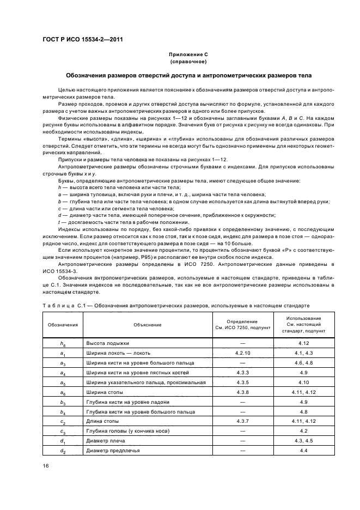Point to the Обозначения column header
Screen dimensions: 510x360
point(63,325)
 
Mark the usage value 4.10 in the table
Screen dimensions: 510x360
point(304,382)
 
